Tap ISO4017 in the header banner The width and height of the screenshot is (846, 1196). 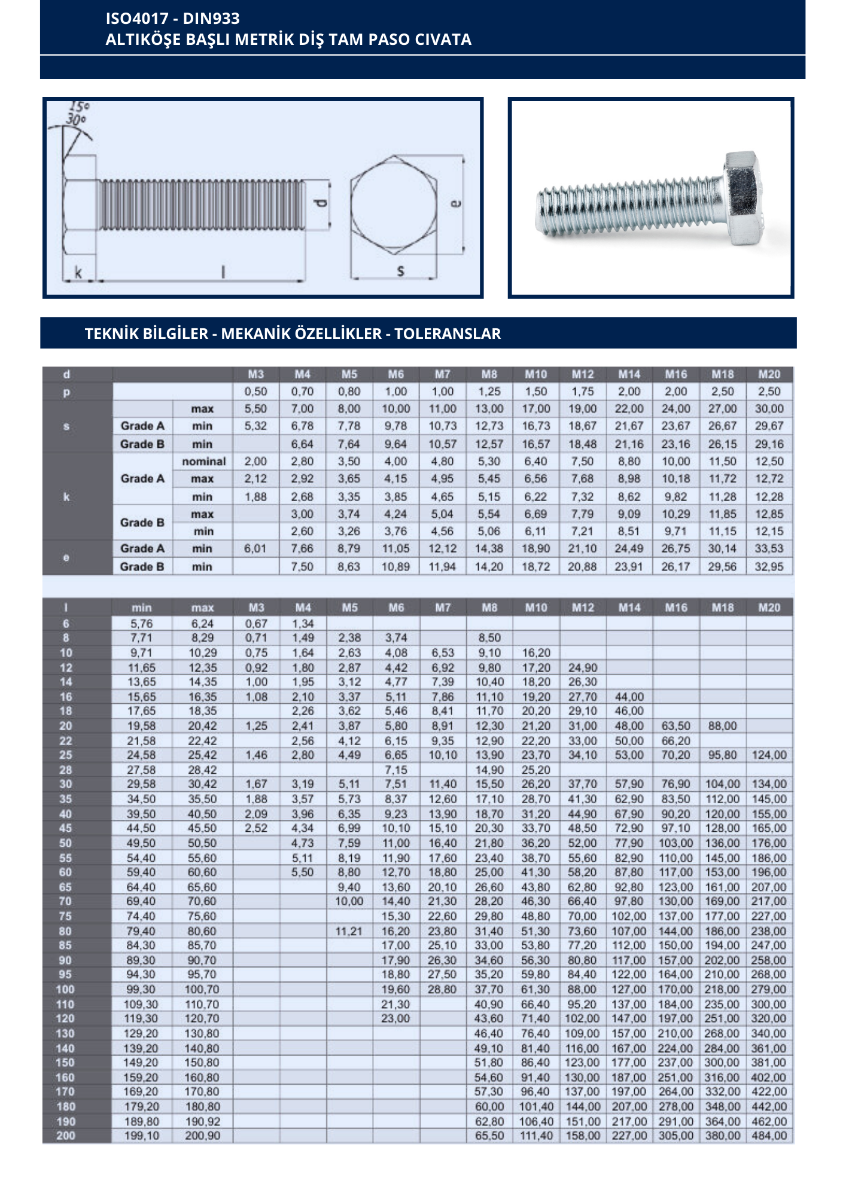(138, 19)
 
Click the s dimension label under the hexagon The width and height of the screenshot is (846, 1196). (400, 271)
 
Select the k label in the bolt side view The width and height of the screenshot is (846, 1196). (78, 273)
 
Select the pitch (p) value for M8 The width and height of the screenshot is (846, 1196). (489, 392)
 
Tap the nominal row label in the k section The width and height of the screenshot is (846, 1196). (203, 462)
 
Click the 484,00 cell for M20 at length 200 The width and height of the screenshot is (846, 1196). (769, 1136)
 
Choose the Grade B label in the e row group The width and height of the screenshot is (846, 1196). (142, 566)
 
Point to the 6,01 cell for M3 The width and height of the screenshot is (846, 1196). (255, 548)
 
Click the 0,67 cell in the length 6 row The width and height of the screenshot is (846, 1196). (256, 624)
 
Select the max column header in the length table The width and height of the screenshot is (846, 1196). (202, 608)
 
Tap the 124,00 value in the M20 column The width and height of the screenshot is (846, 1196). (769, 755)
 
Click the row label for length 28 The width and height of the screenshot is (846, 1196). (66, 770)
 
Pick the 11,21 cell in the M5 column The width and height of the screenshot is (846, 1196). (349, 931)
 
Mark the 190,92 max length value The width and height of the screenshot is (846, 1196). (202, 1121)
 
